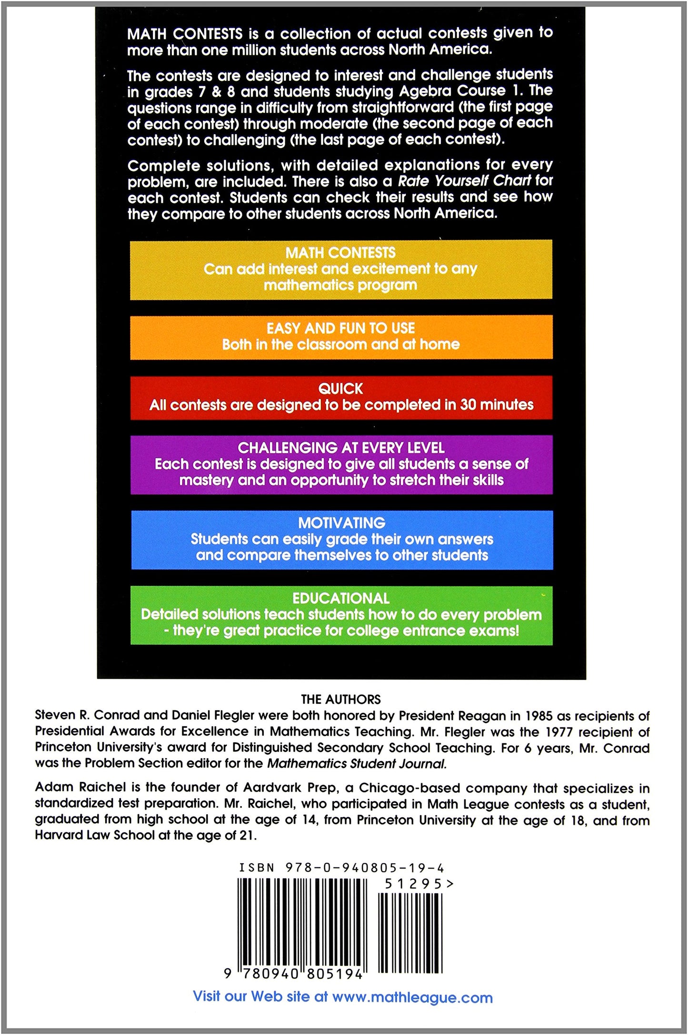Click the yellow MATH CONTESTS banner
[341, 269]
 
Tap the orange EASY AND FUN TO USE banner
[341, 336]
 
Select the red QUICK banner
[341, 397]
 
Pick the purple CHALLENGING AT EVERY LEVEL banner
[341, 464]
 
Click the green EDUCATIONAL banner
[341, 615]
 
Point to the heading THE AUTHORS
[341, 699]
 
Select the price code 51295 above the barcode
[413, 884]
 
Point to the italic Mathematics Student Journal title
[357, 763]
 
